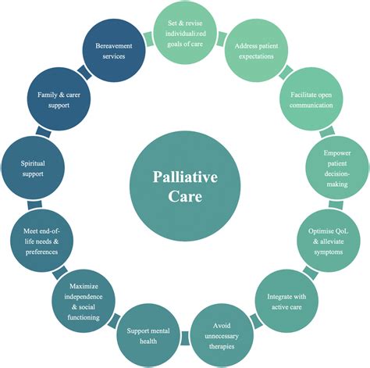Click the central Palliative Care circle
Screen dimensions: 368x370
tap(183, 185)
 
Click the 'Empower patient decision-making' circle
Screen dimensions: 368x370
tap(336, 165)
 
